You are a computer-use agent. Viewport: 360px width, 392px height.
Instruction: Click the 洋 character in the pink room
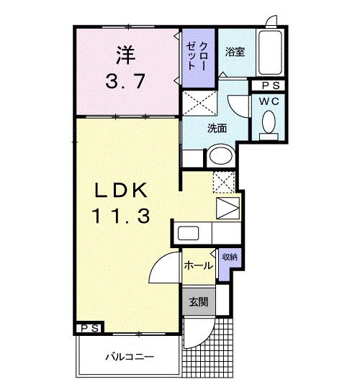(x=125, y=55)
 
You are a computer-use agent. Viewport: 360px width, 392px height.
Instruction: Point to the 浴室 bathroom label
(x=234, y=52)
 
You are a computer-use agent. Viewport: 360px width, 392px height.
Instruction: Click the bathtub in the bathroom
(x=272, y=53)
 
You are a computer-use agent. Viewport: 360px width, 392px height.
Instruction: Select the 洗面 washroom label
(x=217, y=129)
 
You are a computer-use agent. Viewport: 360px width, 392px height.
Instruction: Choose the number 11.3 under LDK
(x=121, y=215)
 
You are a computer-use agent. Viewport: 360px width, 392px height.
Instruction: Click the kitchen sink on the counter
(x=189, y=234)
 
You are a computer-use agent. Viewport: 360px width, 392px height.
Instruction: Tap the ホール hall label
(x=197, y=265)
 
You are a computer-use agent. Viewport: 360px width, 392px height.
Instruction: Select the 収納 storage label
(x=229, y=256)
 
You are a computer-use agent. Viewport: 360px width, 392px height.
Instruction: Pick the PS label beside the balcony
(x=89, y=328)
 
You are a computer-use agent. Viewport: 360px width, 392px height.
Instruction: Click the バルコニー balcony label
(x=128, y=355)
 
